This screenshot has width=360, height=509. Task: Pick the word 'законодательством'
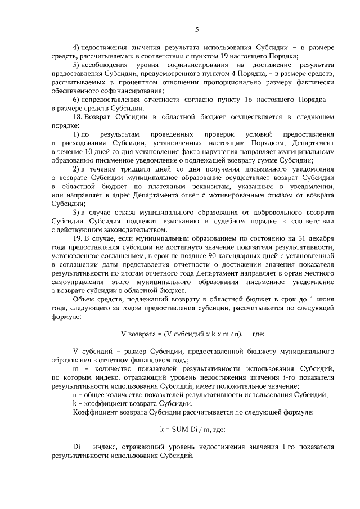[128, 229]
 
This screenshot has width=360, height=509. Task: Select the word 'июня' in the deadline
[323, 299]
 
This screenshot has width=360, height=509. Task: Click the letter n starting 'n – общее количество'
[75, 395]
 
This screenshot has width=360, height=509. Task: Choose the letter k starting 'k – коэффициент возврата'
[75, 403]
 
